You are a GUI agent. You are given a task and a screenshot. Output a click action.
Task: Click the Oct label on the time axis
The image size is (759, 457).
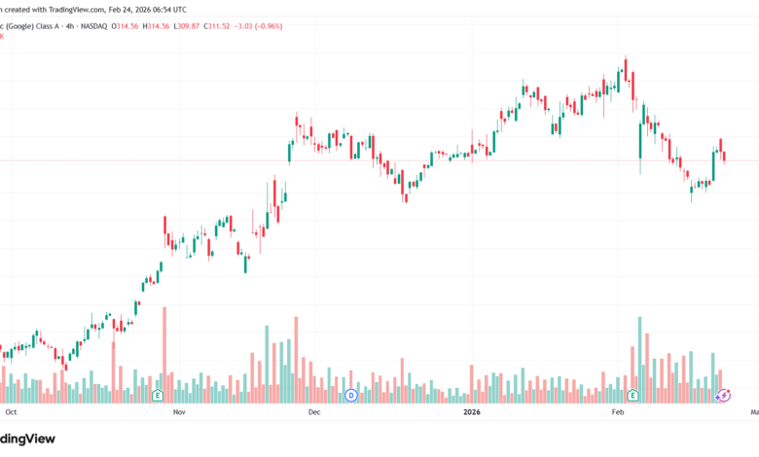coord(12,412)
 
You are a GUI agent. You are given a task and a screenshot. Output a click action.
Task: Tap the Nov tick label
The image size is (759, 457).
coord(178,412)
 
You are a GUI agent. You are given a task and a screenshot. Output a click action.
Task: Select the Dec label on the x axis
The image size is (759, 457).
coord(313,412)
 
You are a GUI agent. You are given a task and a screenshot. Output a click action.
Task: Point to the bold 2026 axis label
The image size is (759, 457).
coord(471,412)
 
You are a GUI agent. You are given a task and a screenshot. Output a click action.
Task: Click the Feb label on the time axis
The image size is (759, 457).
coord(616,412)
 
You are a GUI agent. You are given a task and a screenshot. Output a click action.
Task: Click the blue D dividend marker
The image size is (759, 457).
coord(351,395)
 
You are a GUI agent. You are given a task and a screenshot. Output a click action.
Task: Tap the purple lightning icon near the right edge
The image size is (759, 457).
coord(723,395)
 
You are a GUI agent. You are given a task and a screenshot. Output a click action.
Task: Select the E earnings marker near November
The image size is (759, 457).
coord(157,395)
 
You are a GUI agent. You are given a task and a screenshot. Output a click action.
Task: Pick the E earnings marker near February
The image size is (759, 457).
coord(632,395)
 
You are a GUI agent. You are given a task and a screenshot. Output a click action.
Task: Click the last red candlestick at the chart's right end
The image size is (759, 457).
coord(724,157)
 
